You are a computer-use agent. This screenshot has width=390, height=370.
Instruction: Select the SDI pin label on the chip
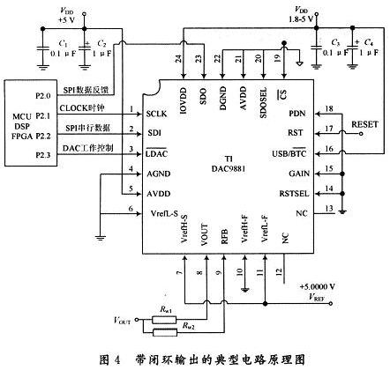point(154,132)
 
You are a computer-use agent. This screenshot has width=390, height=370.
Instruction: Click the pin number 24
point(179,60)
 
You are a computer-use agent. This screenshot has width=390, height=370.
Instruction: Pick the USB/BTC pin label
point(289,152)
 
